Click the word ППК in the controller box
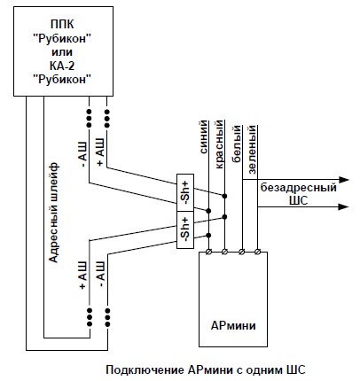62,24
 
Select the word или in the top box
62,52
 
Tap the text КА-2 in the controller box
62,66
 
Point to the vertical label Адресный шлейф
54,213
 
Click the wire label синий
204,137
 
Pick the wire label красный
219,144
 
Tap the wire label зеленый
252,150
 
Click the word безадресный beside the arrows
299,187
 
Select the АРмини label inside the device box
233,325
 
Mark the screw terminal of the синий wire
208,252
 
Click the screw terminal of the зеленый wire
257,252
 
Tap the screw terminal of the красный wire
224,252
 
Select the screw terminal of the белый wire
242,252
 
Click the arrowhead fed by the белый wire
343,179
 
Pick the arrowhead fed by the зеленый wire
343,206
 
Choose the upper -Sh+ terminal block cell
185,192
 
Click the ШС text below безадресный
299,200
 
